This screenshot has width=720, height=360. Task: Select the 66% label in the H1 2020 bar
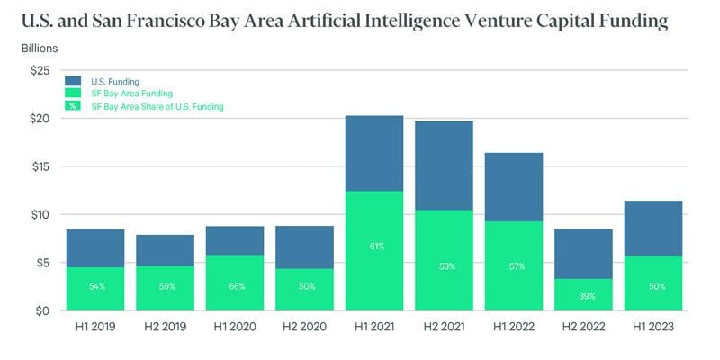coord(235,286)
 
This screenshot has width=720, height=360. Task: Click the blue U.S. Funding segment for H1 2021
coord(374,153)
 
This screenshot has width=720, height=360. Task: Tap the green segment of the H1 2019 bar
coord(94,288)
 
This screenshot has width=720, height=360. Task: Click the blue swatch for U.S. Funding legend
coord(73,80)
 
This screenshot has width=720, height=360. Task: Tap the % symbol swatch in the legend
coord(73,106)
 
